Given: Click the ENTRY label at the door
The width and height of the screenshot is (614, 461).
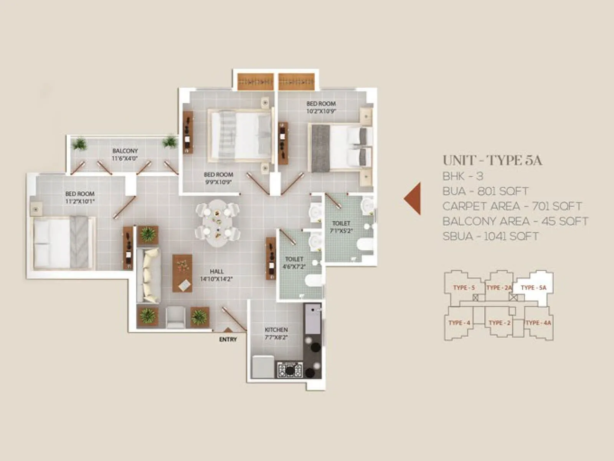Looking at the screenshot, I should [x=228, y=339].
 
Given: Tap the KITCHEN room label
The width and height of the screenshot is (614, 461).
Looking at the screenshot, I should [x=276, y=330].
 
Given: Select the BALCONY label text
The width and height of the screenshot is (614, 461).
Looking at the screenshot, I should [x=125, y=151].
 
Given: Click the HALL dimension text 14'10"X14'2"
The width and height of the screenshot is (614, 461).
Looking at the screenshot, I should [x=216, y=279].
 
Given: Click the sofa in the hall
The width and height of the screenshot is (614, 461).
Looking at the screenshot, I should [x=150, y=275].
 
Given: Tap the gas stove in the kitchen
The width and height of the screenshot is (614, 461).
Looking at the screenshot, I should [x=290, y=370].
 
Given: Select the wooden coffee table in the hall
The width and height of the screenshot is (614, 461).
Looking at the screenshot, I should [x=182, y=273].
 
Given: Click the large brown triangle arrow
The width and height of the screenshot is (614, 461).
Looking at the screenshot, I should [x=413, y=198].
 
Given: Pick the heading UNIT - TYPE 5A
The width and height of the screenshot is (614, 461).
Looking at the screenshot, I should [x=492, y=161].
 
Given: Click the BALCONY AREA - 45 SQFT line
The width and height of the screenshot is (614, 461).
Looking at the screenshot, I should [x=515, y=221].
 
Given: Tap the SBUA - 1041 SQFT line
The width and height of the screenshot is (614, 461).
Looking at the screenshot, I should [x=490, y=236].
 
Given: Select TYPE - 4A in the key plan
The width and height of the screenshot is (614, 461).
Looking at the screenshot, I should [x=538, y=323].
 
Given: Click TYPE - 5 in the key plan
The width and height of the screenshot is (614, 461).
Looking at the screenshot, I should [x=464, y=287].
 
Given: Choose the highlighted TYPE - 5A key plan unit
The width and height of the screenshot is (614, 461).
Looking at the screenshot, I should [x=533, y=287].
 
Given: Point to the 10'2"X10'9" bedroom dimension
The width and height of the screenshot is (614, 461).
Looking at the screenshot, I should [x=321, y=111].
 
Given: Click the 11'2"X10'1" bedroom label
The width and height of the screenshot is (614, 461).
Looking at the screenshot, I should [x=80, y=201].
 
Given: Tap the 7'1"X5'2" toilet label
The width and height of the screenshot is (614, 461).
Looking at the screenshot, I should [x=341, y=231].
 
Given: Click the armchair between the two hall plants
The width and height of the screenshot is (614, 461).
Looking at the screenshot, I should [x=176, y=317].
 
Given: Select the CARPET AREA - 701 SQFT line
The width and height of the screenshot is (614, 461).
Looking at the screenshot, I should [x=512, y=206].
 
